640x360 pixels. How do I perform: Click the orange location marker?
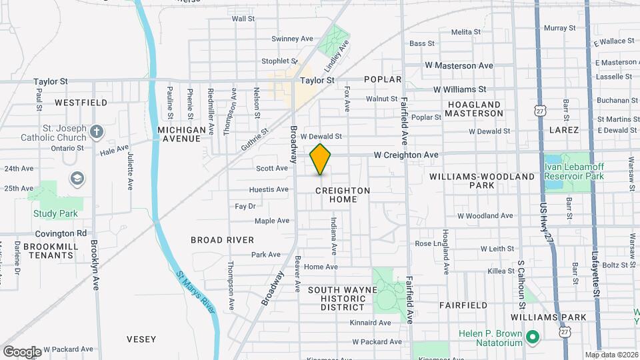click(x=321, y=159)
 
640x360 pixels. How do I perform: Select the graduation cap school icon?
click(x=77, y=178)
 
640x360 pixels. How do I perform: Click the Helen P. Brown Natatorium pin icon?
click(x=532, y=337)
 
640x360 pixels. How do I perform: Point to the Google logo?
click(x=21, y=351)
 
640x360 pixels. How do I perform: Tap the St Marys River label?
click(x=196, y=291)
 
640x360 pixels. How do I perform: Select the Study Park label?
click(x=55, y=213)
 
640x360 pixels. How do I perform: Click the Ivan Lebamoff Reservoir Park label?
click(x=574, y=171)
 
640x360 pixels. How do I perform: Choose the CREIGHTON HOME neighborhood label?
click(x=342, y=195)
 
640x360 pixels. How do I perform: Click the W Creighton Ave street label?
click(x=406, y=155)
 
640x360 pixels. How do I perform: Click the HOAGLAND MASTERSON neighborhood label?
click(x=474, y=109)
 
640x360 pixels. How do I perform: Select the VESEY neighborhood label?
click(x=142, y=339)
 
